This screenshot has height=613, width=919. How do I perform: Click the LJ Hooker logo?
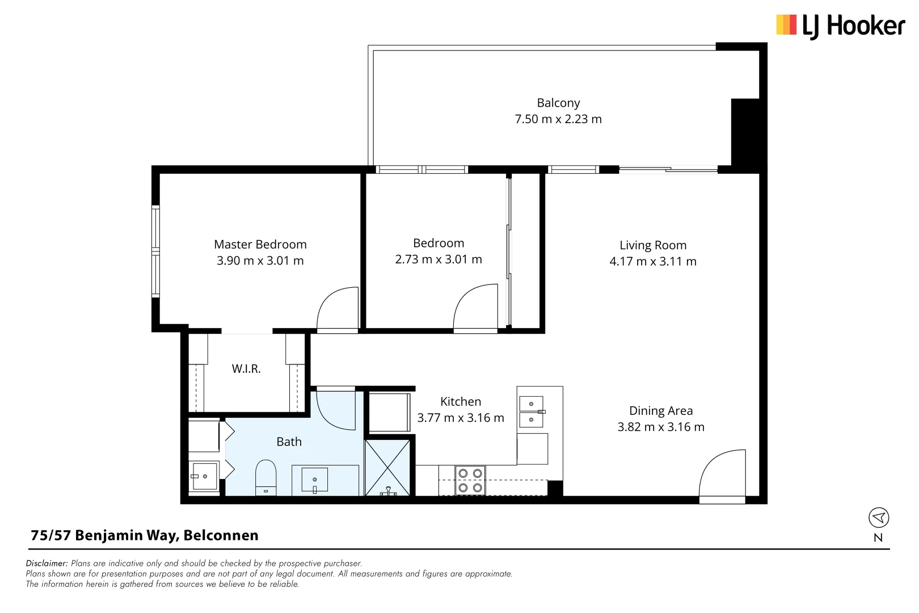[840, 26]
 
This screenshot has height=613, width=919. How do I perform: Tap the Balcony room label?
[558, 103]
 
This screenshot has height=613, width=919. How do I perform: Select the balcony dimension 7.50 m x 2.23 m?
[558, 119]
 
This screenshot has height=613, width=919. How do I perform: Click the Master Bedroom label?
[260, 245]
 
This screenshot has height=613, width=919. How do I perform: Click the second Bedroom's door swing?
[476, 307]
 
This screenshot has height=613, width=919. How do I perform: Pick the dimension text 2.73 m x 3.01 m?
[439, 259]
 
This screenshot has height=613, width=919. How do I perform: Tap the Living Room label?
[653, 245]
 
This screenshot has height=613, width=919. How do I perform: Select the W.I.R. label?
[246, 369]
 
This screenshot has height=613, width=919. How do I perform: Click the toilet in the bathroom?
[265, 478]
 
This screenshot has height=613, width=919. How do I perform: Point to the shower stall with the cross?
[387, 468]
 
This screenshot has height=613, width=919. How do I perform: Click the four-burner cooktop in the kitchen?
[470, 480]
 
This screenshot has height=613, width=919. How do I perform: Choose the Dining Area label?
[661, 411]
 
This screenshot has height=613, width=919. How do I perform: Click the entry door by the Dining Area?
[722, 474]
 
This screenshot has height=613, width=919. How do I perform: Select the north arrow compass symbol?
[879, 518]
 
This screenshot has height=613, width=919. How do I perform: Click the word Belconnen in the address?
[221, 535]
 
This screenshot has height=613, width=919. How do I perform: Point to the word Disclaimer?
[47, 564]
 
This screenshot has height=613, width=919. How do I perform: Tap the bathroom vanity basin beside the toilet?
[315, 480]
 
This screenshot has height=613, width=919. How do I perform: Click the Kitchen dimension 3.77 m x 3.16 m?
[461, 418]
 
